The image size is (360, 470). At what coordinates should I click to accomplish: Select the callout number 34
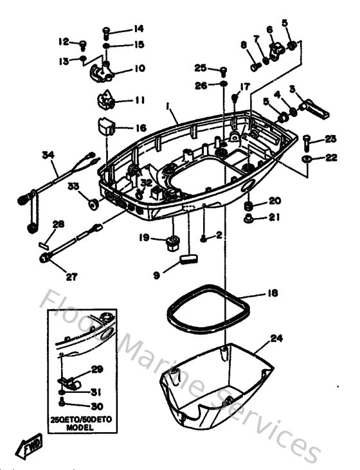point(46,155)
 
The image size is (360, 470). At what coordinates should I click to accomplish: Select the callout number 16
point(139,128)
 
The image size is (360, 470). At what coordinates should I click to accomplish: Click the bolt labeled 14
point(107,30)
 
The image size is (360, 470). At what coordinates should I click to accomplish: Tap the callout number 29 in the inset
point(96,369)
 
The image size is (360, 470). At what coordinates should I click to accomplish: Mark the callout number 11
point(139,100)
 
